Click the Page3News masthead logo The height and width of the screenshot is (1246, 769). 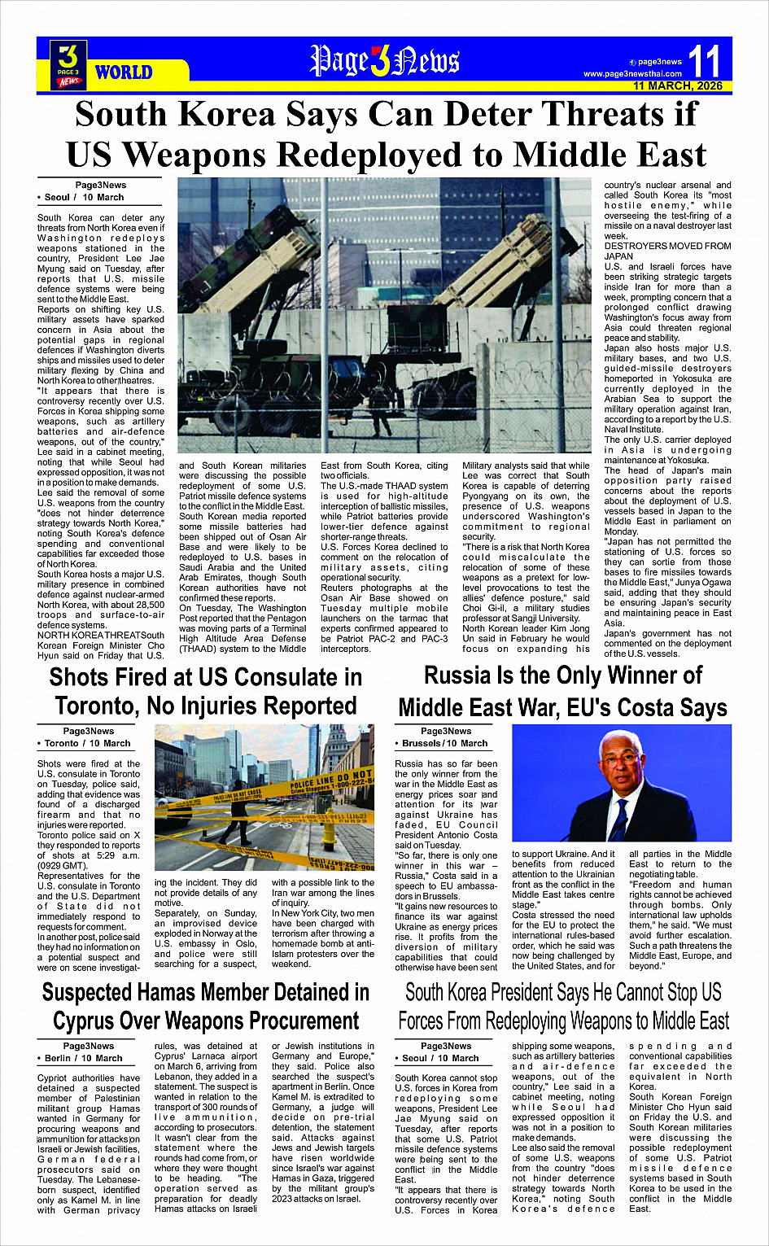[x=384, y=60]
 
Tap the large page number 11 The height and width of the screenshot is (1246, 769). [x=704, y=61]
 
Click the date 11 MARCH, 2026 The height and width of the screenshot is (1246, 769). [x=677, y=85]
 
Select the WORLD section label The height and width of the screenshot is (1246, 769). [x=124, y=72]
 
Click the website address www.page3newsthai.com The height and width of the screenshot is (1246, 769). [x=632, y=74]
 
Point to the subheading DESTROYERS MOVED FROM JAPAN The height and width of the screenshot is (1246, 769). [x=667, y=251]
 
